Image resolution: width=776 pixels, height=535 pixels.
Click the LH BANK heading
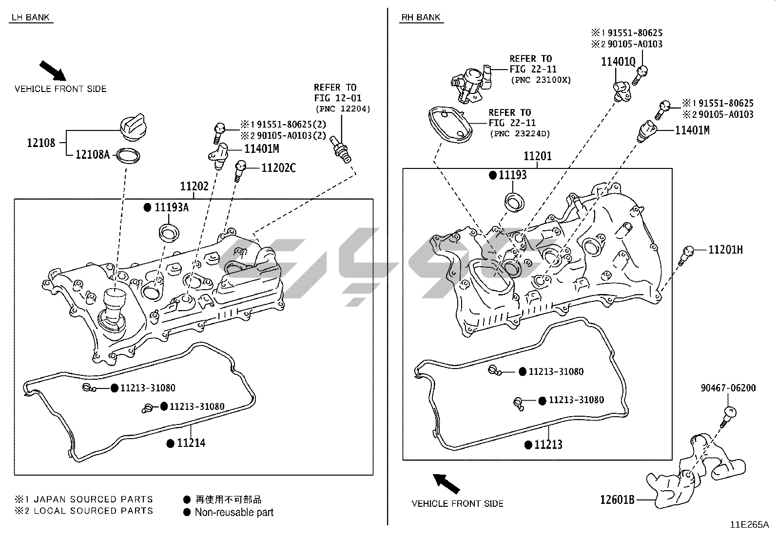click(30, 18)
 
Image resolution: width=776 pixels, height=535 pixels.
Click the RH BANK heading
click(421, 18)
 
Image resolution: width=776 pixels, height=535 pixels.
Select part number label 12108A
click(92, 155)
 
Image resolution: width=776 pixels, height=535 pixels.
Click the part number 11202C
click(278, 168)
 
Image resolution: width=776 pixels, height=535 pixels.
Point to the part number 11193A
click(172, 207)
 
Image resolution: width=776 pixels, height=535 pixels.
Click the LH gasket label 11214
click(191, 443)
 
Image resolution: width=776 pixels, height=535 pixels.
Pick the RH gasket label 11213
click(548, 444)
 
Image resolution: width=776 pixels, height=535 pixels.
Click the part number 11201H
click(725, 250)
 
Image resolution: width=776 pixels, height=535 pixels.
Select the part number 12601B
click(617, 499)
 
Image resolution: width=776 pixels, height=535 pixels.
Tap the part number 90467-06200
click(728, 388)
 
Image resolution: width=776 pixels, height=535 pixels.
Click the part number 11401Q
click(618, 62)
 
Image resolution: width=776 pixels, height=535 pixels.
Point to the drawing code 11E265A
click(749, 525)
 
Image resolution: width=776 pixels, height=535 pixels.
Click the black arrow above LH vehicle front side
click(52, 70)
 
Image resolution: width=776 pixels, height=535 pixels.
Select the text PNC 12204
click(343, 109)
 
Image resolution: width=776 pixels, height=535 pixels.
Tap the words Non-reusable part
click(234, 512)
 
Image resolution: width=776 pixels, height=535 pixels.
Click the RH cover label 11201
click(538, 156)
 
